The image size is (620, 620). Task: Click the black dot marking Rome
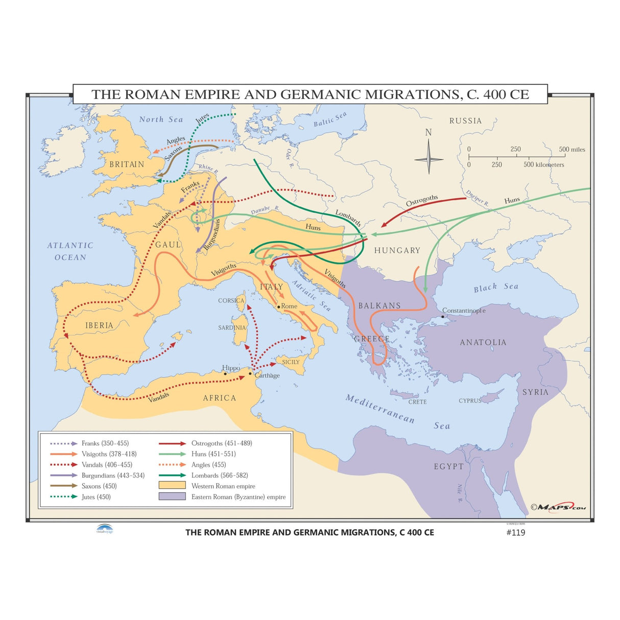coord(278,306)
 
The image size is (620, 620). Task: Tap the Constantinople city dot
coord(443,317)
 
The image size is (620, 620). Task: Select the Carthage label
coord(267,375)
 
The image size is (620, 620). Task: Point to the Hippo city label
coord(231,368)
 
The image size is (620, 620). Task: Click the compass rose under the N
coord(428,159)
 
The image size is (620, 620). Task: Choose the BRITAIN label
coord(127,164)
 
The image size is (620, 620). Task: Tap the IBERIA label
coord(99,325)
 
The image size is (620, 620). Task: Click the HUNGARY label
coord(397,250)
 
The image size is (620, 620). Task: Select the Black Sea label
coord(495,288)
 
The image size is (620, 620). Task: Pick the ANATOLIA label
coord(483,343)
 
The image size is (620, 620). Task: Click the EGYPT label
coord(449,466)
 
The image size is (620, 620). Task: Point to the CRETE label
coord(417,402)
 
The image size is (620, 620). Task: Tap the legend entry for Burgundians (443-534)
coord(113,475)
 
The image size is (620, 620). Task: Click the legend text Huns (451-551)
coord(213,454)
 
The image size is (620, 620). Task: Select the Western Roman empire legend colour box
coord(172,486)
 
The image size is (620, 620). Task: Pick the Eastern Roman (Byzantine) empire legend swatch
coord(172,496)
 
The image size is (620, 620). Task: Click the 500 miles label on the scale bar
coord(571,150)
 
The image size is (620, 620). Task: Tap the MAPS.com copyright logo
coord(558,507)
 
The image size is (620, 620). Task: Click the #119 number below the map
coord(515,533)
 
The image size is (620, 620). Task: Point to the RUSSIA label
coord(465,121)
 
